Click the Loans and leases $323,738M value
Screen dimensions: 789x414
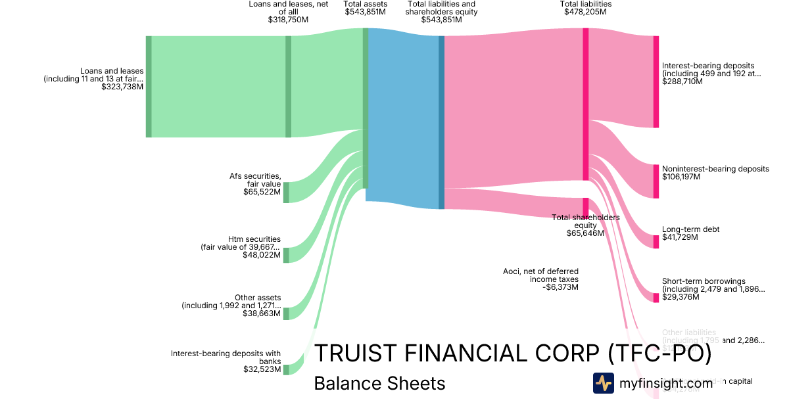(x=122, y=87)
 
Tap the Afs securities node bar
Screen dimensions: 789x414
(x=286, y=193)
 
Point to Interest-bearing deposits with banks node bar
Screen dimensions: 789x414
(x=286, y=369)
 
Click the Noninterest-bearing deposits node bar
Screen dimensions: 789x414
(x=656, y=181)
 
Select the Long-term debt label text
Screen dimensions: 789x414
(x=690, y=229)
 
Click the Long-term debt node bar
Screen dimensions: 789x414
(x=656, y=241)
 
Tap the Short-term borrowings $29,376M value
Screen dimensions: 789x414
(x=681, y=297)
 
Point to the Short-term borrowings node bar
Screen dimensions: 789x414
(x=656, y=298)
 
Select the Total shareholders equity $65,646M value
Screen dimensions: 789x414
(x=585, y=233)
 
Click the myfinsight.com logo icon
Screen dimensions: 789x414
(x=603, y=382)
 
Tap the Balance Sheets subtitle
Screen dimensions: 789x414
(x=379, y=383)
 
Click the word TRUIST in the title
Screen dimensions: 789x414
(x=354, y=354)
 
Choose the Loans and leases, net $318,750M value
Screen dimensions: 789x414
(x=288, y=20)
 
